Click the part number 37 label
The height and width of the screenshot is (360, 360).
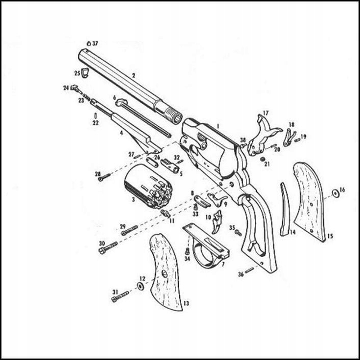[x=95, y=43]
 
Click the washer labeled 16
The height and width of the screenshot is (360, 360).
[x=335, y=192]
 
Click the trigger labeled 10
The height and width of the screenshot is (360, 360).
[x=217, y=219]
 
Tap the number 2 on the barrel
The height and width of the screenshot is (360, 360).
[x=133, y=75]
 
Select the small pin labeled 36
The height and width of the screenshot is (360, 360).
[x=249, y=270]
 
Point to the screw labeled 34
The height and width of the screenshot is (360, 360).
[x=188, y=251]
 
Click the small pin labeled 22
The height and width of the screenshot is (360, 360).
[x=95, y=116]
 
